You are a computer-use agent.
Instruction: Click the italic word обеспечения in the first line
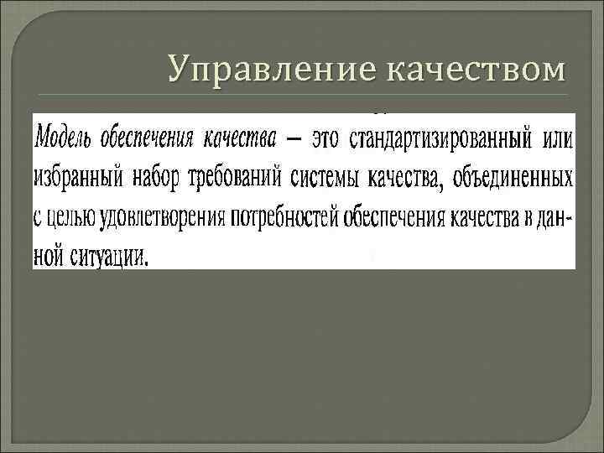point(148,137)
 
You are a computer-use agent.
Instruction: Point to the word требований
point(248,178)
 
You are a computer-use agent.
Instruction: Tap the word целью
point(67,218)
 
